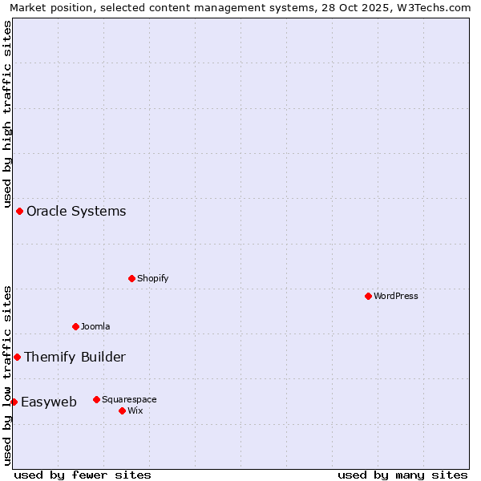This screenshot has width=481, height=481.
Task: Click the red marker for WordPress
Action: (368, 296)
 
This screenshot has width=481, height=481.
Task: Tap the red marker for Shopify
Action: (131, 278)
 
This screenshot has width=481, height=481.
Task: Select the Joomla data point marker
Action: (75, 326)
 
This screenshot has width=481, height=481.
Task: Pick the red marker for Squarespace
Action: (96, 399)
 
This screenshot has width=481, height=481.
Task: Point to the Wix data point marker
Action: (122, 410)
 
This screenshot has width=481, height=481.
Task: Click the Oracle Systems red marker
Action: (19, 211)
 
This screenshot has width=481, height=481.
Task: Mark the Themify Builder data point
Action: (17, 357)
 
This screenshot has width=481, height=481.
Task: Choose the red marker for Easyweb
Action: (14, 402)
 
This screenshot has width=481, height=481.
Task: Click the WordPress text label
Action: (396, 296)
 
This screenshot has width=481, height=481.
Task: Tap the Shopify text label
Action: (152, 278)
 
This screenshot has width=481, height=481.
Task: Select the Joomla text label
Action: (95, 326)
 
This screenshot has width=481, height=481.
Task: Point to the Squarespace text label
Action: (129, 399)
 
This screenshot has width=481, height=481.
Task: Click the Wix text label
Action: (135, 410)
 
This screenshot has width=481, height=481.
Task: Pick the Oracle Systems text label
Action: (76, 211)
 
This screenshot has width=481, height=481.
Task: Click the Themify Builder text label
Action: (75, 357)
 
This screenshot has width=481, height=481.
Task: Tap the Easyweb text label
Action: (49, 402)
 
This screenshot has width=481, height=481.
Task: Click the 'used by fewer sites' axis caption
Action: (83, 475)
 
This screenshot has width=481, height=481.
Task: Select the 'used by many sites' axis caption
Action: (402, 475)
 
